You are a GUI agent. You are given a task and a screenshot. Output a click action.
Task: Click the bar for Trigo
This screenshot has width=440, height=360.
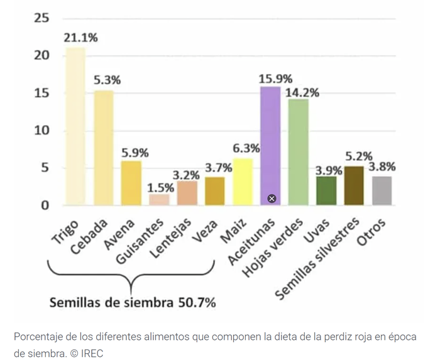pyautogui.click(x=75, y=126)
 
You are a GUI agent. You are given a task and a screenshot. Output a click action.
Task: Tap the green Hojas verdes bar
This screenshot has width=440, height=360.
pyautogui.click(x=299, y=151)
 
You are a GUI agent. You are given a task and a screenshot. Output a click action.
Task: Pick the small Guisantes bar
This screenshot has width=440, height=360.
pyautogui.click(x=159, y=199)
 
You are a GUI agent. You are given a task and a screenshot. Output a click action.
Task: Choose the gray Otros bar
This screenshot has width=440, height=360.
pyautogui.click(x=382, y=190)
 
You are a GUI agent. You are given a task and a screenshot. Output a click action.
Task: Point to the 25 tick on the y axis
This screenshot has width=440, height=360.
pyautogui.click(x=41, y=18)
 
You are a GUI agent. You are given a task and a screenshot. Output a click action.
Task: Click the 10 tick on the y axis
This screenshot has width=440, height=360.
pyautogui.click(x=41, y=131)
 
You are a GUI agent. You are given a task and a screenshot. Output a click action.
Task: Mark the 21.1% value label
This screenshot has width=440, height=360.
pyautogui.click(x=80, y=38)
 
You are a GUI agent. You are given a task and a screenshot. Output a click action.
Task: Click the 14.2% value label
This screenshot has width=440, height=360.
pyautogui.click(x=302, y=92)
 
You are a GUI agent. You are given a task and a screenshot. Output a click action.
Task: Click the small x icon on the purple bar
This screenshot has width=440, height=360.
pyautogui.click(x=272, y=199)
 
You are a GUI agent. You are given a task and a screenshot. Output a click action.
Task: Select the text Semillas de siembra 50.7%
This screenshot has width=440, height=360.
pyautogui.click(x=133, y=302)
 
